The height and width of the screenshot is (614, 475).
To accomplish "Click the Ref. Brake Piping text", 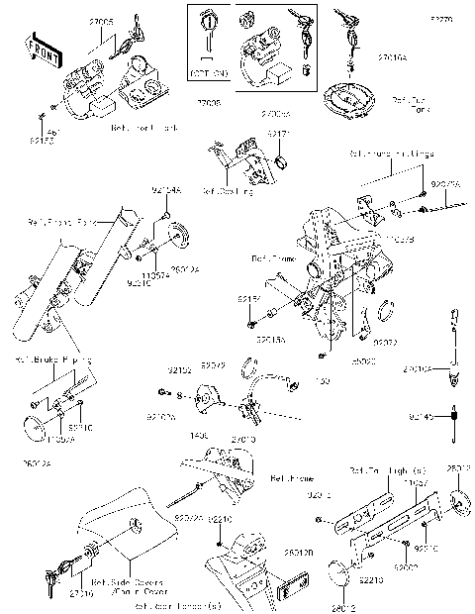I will (44, 360).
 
